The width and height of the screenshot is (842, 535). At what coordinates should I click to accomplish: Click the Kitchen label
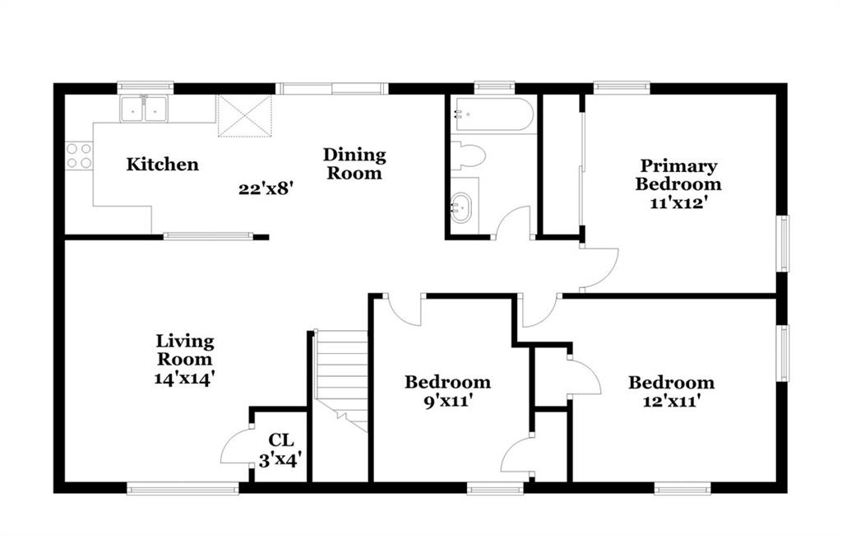point(162,164)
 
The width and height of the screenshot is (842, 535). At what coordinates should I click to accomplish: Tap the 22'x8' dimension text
point(266,188)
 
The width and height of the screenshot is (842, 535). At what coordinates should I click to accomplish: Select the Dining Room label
point(354,164)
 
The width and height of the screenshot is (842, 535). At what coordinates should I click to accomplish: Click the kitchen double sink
point(144,109)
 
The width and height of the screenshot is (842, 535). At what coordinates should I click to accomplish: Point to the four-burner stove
point(79,156)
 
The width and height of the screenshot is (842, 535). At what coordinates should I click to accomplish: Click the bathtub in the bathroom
point(492,114)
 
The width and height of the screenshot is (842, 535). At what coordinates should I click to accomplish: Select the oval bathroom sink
point(460,208)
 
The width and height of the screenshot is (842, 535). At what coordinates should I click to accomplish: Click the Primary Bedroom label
point(678,175)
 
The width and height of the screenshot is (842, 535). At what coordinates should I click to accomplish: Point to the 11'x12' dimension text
point(678,203)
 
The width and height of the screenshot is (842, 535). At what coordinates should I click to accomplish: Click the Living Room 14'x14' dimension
point(185,378)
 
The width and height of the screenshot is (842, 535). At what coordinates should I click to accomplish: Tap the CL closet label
point(281,440)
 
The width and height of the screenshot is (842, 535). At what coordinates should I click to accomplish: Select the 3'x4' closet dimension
point(280,460)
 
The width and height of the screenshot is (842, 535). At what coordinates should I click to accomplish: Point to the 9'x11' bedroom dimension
point(447,401)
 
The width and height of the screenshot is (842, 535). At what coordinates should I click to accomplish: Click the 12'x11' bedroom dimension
point(671,401)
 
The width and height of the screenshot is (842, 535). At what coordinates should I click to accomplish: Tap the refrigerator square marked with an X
point(244,116)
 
